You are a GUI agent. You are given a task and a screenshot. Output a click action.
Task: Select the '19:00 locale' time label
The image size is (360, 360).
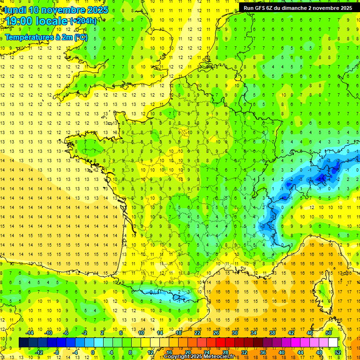36,21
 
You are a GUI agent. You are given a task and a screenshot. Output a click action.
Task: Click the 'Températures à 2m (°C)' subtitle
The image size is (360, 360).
46,37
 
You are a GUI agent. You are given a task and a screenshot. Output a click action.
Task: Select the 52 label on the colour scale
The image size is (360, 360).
338,352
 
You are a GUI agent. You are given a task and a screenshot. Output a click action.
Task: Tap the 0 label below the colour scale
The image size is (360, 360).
93,352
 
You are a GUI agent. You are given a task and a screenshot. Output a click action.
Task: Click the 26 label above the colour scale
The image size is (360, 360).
216,333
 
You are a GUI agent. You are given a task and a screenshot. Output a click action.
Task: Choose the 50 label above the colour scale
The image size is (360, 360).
329,333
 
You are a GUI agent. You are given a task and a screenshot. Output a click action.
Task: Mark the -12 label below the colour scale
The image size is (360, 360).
39,352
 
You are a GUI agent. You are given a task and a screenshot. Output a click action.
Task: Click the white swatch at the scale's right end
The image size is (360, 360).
333,343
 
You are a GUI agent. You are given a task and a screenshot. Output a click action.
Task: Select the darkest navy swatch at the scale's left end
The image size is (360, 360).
24,343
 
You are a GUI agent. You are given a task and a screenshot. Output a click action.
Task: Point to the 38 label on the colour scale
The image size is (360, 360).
272,333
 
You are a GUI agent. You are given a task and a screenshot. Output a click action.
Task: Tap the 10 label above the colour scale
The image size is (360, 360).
141,333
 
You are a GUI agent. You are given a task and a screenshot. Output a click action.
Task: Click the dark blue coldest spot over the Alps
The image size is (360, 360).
322,178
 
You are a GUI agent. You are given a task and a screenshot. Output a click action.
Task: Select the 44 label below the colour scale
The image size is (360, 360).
300,352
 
